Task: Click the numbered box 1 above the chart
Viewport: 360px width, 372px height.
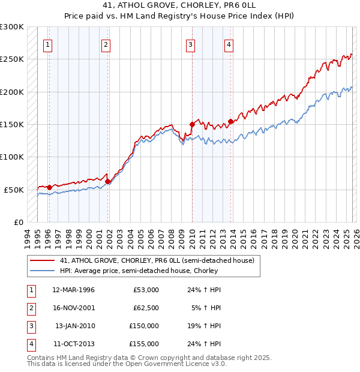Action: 47,44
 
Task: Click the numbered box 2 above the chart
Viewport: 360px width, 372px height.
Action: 106,44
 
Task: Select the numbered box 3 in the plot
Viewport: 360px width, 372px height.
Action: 190,44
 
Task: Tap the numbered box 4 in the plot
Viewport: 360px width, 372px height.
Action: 229,44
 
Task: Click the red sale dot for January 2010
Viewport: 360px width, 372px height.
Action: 192,125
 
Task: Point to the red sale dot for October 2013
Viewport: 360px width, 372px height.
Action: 230,121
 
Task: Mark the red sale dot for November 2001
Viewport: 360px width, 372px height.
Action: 108,181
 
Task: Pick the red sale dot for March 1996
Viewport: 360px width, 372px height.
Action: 49,187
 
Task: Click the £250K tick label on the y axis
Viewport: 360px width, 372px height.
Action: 12,59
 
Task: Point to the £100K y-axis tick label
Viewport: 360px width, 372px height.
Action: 12,157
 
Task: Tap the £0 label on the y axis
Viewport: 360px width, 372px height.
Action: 18,222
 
